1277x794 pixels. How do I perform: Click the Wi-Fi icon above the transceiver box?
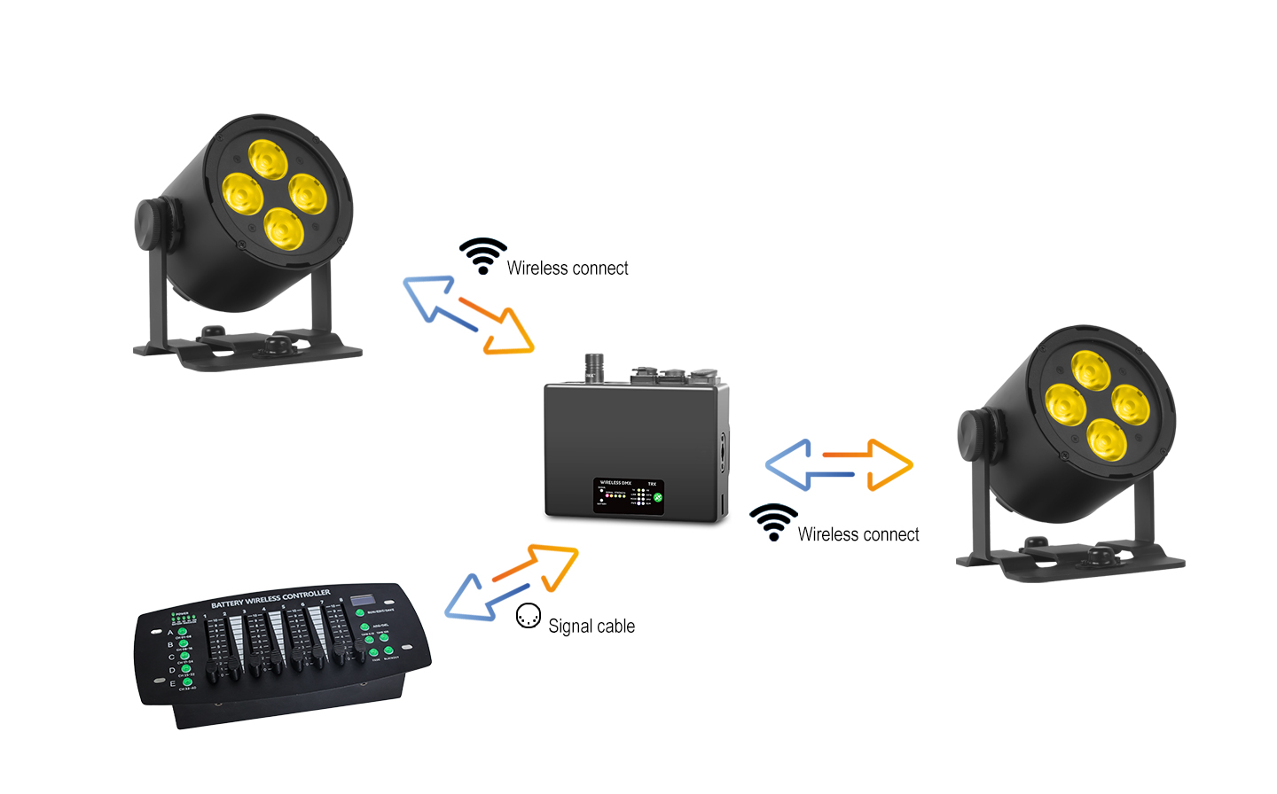pyautogui.click(x=483, y=255)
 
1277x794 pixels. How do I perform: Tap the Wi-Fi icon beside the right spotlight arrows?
pyautogui.click(x=773, y=522)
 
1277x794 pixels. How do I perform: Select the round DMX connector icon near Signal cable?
pyautogui.click(x=529, y=616)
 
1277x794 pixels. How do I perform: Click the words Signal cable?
pyautogui.click(x=591, y=627)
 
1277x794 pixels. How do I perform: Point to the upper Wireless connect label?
pyautogui.click(x=568, y=269)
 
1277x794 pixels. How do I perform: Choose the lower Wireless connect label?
pyautogui.click(x=858, y=535)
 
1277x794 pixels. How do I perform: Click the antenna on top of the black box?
pyautogui.click(x=593, y=366)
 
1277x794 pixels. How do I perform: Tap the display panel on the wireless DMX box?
pyautogui.click(x=630, y=496)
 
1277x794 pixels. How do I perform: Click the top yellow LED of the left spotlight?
pyautogui.click(x=268, y=159)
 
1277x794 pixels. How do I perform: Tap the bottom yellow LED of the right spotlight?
pyautogui.click(x=1107, y=439)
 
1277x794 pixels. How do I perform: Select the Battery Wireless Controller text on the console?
pyautogui.click(x=270, y=598)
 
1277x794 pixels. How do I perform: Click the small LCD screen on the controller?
pyautogui.click(x=361, y=600)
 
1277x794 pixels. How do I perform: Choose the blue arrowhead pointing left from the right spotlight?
pyautogui.click(x=788, y=464)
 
